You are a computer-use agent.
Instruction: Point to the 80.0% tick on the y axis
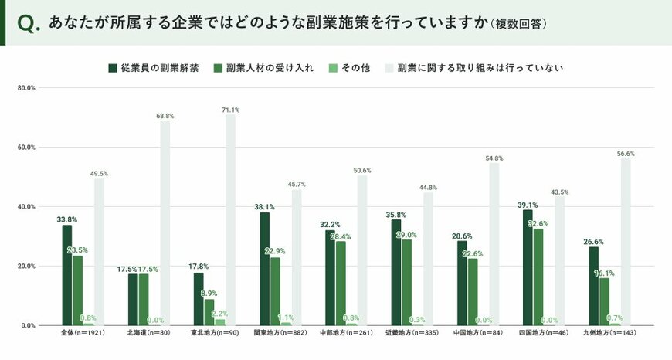coord(26,88)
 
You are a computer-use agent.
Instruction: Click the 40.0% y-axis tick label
coord(26,207)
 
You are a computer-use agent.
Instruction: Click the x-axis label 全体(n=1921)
coord(83,334)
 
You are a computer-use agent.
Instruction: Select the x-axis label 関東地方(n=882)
coord(280,334)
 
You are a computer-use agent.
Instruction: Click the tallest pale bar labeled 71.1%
coord(230,220)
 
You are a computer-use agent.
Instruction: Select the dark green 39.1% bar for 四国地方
coord(528,267)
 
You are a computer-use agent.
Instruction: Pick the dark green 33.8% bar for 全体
coord(67,275)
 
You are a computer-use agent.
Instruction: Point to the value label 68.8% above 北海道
coord(165,115)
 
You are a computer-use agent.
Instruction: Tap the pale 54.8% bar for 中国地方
coord(494,244)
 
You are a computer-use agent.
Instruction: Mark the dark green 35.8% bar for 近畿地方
coord(395,272)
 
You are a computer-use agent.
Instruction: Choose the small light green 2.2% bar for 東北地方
coord(220,322)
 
